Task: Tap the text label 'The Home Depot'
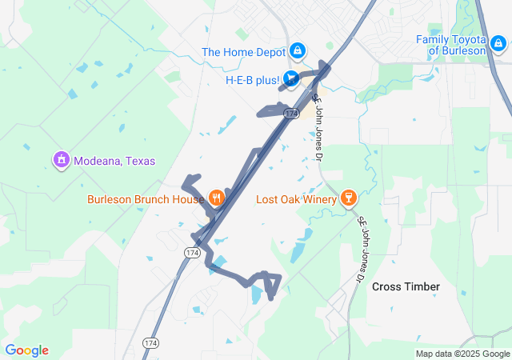[245, 52]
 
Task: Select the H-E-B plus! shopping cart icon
[290, 78]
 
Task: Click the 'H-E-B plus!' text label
[252, 80]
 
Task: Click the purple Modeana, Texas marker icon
[61, 160]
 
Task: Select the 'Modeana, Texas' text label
[114, 161]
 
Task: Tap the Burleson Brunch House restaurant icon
[215, 198]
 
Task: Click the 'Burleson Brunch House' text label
[145, 198]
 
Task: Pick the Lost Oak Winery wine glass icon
[348, 198]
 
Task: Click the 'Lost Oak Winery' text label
[296, 198]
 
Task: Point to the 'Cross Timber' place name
[406, 286]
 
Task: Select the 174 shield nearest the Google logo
[150, 342]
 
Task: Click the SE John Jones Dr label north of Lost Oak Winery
[318, 118]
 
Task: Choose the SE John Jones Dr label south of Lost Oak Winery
[365, 249]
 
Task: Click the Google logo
[26, 350]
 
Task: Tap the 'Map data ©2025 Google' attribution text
[462, 354]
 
